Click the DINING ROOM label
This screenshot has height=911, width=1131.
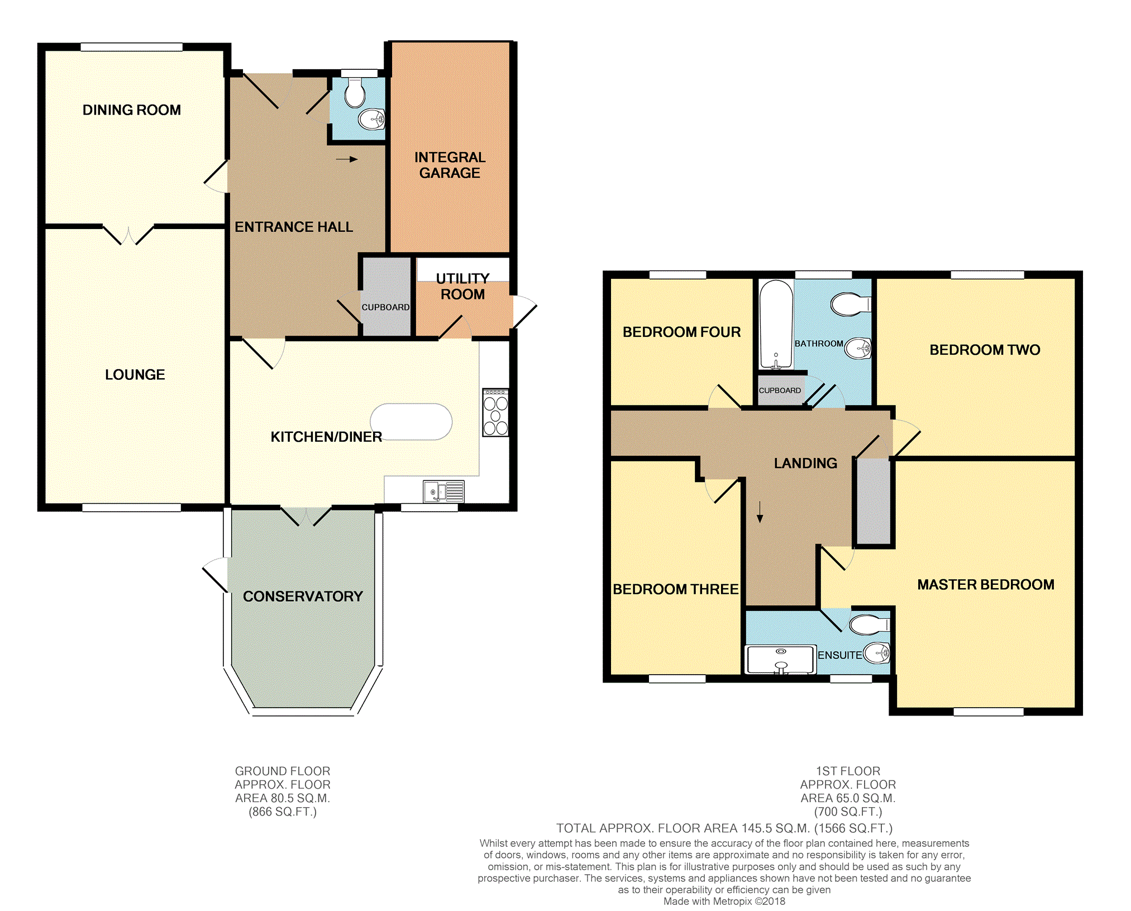(132, 110)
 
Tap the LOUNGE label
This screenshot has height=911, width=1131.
(135, 375)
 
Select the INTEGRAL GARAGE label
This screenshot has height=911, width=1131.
(450, 165)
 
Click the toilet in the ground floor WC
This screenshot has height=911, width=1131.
(355, 92)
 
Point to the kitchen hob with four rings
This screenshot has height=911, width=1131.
(496, 413)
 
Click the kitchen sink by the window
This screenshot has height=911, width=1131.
(444, 492)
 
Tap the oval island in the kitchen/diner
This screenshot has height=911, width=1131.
(411, 422)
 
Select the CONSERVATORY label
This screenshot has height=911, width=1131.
(303, 597)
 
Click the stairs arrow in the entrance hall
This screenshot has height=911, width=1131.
(347, 159)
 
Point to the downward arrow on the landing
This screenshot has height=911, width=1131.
(760, 512)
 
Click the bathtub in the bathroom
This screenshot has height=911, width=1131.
(776, 325)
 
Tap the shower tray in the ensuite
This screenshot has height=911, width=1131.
(781, 660)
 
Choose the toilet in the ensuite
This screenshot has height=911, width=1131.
(869, 624)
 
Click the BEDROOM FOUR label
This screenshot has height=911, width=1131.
(682, 332)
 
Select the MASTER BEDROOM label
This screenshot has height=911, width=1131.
(986, 585)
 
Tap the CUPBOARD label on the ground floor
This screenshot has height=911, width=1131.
(385, 307)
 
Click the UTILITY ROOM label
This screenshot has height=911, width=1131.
(463, 287)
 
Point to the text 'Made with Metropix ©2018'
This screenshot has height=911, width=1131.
(724, 901)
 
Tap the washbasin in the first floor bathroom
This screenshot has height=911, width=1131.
(858, 349)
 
